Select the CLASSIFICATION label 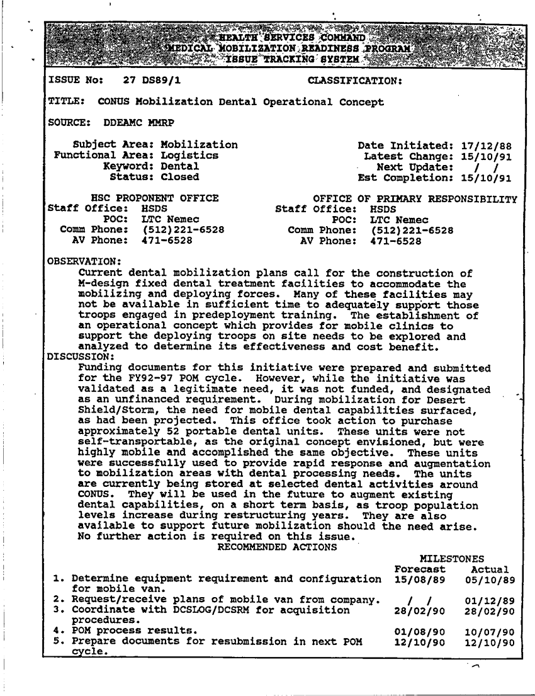point(355,81)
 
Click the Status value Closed point(180,177)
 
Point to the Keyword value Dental point(180,166)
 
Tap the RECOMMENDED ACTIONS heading point(277,547)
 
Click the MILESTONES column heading point(451,558)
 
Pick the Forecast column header point(420,569)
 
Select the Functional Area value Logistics point(189,156)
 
